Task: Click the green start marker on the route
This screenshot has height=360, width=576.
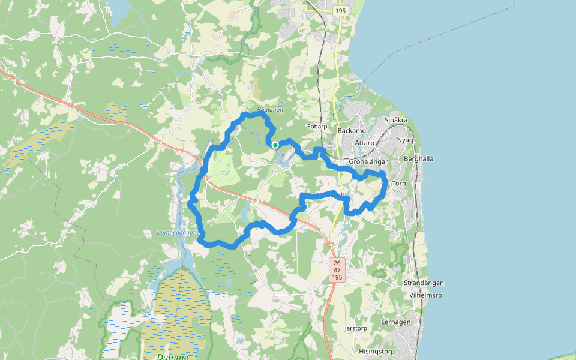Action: [x=275, y=145]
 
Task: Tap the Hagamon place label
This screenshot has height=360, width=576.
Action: [x=269, y=110]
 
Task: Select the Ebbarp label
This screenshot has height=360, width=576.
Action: [x=317, y=127]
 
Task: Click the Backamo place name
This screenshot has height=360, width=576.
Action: [x=352, y=131]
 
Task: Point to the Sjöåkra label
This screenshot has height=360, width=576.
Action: [x=396, y=121]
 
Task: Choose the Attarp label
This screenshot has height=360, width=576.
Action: [x=364, y=143]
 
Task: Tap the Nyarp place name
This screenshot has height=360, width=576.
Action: [x=406, y=140]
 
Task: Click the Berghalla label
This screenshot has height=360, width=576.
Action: [x=419, y=159]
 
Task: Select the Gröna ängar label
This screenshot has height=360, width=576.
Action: [x=369, y=162]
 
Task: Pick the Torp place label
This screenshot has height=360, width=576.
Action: [x=399, y=184]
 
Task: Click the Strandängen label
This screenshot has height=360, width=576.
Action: [x=424, y=283]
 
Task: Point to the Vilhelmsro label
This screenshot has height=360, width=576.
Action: [x=426, y=296]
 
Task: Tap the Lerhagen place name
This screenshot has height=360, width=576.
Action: [x=396, y=322]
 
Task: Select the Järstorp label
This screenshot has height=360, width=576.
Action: [x=356, y=329]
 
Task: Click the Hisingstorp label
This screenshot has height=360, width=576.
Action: [x=377, y=352]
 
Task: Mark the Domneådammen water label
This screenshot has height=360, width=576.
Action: [x=178, y=232]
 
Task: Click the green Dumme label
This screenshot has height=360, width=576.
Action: [x=172, y=356]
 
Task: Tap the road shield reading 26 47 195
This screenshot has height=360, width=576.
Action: [x=337, y=271]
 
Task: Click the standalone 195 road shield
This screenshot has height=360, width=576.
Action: [x=341, y=11]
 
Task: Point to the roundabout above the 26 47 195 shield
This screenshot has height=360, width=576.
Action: [x=330, y=244]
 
